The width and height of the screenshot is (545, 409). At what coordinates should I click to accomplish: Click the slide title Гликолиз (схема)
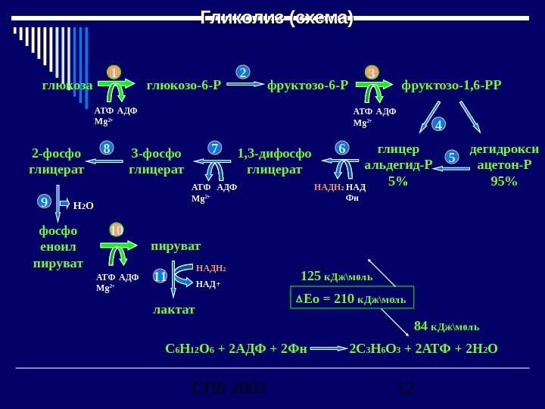[x=276, y=17]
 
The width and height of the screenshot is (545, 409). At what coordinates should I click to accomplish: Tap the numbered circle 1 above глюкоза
[x=114, y=73]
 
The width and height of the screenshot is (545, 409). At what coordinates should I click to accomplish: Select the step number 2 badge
[x=243, y=73]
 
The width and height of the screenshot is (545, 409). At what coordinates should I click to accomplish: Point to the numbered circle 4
[x=438, y=123]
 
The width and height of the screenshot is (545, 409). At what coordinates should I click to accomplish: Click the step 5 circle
[x=452, y=158]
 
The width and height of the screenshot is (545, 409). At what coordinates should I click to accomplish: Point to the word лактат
[x=174, y=310]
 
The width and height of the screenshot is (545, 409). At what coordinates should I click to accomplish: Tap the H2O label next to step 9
[x=83, y=204]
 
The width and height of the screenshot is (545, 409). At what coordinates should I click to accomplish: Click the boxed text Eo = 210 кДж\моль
[x=353, y=298]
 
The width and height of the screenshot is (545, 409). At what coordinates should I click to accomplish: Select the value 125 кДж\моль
[x=336, y=275]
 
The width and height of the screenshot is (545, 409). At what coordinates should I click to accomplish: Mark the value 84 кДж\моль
[x=447, y=326]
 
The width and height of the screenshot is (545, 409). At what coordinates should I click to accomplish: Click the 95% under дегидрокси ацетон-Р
[x=504, y=181]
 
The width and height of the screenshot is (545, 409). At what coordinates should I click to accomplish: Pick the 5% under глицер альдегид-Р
[x=397, y=181]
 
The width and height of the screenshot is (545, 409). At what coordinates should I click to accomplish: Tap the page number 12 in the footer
[x=406, y=389]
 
